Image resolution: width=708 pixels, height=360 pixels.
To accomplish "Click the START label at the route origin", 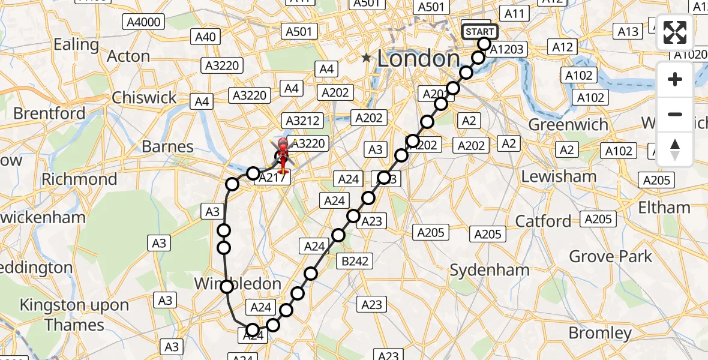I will coord(479,32).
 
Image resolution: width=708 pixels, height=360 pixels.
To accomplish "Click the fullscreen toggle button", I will coord(675,32).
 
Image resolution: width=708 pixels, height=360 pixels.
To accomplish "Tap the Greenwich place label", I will coord(568,124).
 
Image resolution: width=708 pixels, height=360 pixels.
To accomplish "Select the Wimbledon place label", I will coord(238,283).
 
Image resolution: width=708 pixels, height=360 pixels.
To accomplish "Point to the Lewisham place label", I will coord(559,176).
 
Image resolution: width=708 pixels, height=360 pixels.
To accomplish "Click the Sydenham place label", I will coord(490,270).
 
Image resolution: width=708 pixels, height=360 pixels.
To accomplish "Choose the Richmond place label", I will coord(79,179).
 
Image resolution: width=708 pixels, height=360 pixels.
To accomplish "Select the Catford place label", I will coord(543,221).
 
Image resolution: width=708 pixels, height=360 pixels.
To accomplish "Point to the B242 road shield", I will coord(355,260).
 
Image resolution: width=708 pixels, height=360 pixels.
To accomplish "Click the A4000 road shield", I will coord(144,23).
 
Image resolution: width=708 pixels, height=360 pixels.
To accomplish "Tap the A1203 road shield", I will coord(506,49).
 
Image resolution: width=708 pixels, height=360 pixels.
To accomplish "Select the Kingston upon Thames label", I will coord(74,314).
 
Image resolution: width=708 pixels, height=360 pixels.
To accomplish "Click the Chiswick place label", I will coord(144,97).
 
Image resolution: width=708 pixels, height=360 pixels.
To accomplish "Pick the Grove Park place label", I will coord(610,257).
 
